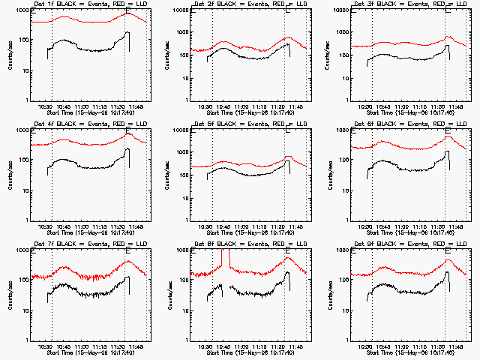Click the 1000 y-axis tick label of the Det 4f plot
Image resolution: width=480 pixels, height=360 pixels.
coord(20,131)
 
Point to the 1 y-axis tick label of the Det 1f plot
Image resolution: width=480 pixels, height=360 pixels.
coord(25,100)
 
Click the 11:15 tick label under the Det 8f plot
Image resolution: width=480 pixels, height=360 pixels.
coord(260,347)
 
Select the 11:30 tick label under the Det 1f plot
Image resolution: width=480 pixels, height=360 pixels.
coord(118,107)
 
